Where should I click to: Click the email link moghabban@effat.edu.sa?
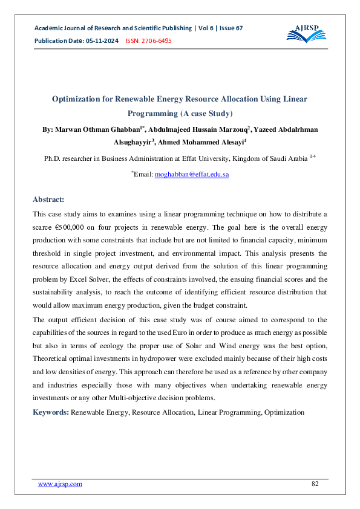pos(192,174)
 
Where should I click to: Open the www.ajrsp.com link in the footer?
pos(60,484)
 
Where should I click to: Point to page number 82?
pos(315,484)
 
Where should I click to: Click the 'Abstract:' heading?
pos(48,199)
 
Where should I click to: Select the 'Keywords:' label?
pos(51,412)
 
